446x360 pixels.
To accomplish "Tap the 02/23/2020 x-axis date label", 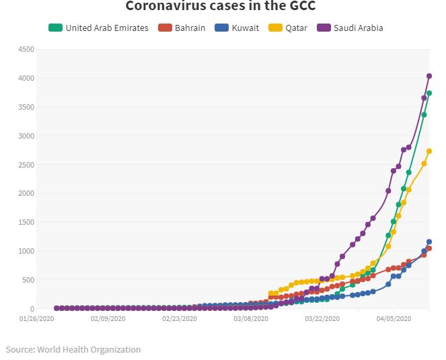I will click(180, 319).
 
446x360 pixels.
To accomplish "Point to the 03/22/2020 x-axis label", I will click(323, 319).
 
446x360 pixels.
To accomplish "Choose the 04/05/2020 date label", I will click(394, 319).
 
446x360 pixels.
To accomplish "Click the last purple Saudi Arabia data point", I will click(429, 76).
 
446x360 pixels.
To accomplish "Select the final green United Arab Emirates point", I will click(429, 94).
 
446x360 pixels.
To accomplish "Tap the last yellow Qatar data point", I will click(429, 151).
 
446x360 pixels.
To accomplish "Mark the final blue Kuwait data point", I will click(429, 242).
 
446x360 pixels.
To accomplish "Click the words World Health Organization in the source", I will click(89, 349).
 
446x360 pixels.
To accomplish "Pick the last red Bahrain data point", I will click(429, 248).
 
